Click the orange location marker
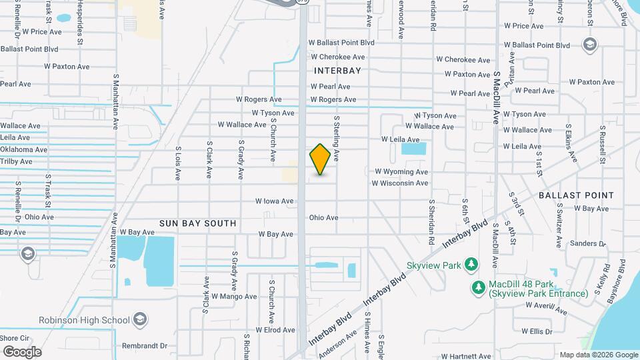320,159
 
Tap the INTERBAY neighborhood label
337,70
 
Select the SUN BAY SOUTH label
197,223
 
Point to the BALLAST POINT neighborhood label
576,195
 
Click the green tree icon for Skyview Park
471,265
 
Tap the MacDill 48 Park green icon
478,288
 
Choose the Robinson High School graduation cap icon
140,319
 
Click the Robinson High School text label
84,320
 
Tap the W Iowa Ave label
275,201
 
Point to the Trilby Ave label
16,161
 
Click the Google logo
21,352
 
